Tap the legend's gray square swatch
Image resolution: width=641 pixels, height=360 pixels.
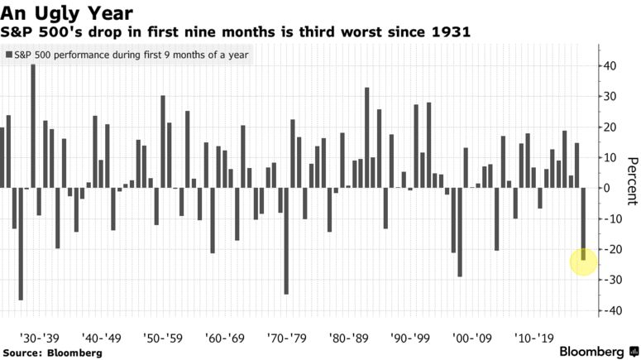coord(8,55)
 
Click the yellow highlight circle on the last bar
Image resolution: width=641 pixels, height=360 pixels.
coord(584,262)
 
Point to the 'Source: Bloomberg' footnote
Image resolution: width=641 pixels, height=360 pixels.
coord(51,353)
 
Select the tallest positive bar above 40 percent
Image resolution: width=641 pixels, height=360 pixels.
coord(33,124)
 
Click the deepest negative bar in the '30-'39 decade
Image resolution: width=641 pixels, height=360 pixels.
coord(21,244)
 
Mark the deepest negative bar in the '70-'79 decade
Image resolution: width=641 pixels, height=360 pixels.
coord(286,241)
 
